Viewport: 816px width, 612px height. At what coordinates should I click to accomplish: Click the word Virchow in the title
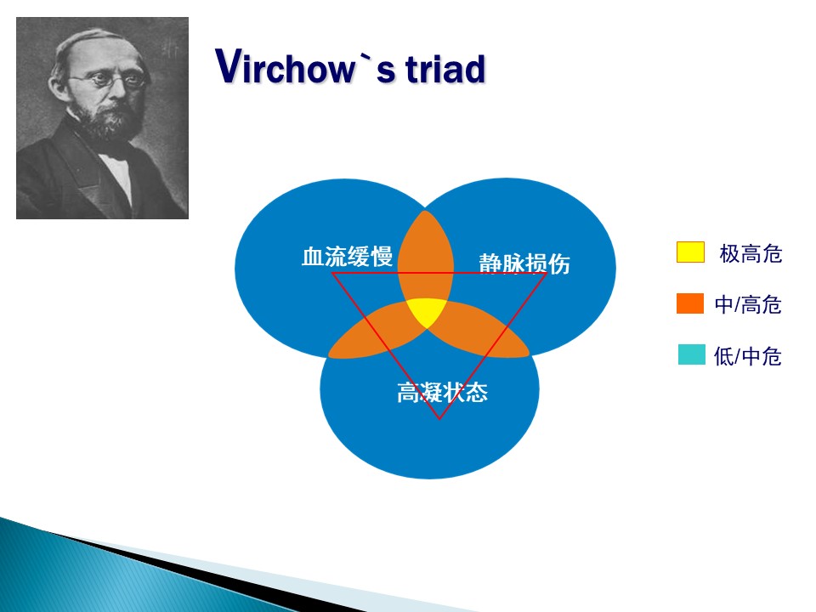pyautogui.click(x=286, y=66)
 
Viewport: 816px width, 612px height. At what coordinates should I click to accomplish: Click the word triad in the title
pyautogui.click(x=445, y=68)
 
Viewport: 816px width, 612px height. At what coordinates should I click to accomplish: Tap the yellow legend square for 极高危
pyautogui.click(x=690, y=252)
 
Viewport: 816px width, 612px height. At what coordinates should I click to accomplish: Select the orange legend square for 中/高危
pyautogui.click(x=690, y=303)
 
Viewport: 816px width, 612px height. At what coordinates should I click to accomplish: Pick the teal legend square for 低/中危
pyautogui.click(x=692, y=354)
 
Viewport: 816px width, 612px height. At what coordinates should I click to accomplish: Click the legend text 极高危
pyautogui.click(x=751, y=254)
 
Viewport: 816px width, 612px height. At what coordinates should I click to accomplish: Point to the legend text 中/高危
pyautogui.click(x=748, y=305)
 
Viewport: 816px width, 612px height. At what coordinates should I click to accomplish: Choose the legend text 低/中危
pyautogui.click(x=748, y=356)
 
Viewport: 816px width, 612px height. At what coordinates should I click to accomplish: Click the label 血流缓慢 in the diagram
pyautogui.click(x=347, y=257)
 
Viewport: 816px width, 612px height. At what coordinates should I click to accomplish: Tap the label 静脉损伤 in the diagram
pyautogui.click(x=524, y=263)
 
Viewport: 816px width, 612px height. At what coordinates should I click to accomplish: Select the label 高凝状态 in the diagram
pyautogui.click(x=442, y=393)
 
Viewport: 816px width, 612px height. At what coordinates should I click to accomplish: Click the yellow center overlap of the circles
pyautogui.click(x=427, y=312)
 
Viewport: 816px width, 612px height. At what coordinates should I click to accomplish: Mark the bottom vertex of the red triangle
pyautogui.click(x=439, y=419)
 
